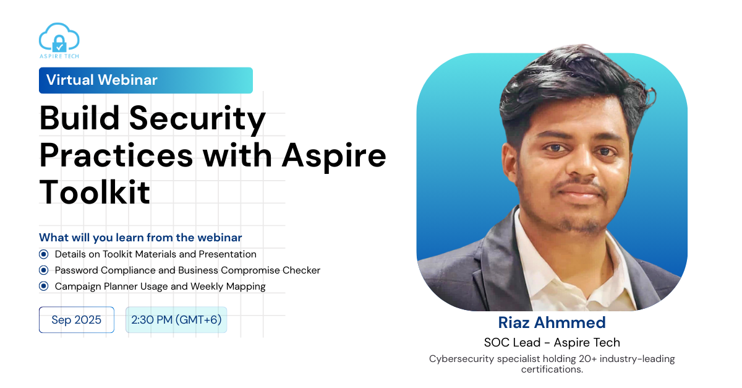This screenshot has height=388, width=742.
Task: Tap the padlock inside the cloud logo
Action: pos(59,44)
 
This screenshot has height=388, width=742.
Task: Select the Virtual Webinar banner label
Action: pos(146,80)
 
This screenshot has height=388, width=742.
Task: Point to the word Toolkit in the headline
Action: pos(95,192)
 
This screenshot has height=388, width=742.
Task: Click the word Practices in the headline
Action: pos(116,155)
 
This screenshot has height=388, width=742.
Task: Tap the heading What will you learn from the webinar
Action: pos(140,238)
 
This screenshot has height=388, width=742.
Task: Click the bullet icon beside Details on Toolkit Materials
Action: pos(43,254)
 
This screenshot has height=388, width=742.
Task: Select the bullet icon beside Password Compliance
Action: pos(43,270)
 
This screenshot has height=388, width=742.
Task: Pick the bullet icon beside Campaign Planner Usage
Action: pos(43,286)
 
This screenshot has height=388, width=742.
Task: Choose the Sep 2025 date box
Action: pos(77,320)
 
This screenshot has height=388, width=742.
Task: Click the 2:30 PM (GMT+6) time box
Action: pos(176,320)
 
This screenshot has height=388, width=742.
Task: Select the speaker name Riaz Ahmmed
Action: pos(552,322)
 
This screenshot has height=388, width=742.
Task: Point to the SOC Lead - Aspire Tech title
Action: pos(552,343)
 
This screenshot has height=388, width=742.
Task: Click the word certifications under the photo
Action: pos(552,369)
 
